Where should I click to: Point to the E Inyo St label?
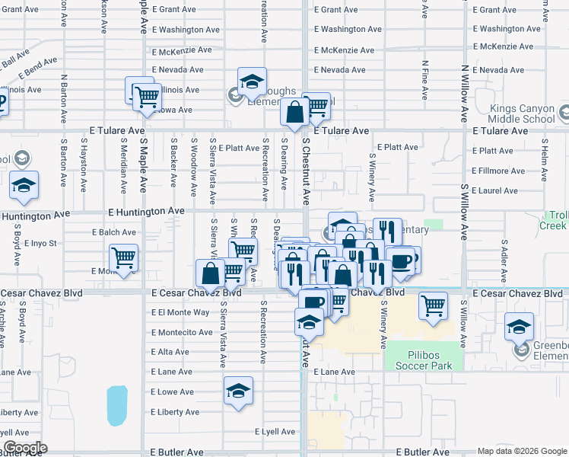coord(42,244)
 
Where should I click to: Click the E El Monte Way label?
coord(180,312)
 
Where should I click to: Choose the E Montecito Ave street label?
coord(182,332)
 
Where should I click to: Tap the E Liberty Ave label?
coord(176,412)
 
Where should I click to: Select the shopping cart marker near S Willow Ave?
coord(433,305)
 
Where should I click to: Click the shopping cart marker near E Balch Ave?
coord(123,257)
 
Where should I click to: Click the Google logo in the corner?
coord(26,448)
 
